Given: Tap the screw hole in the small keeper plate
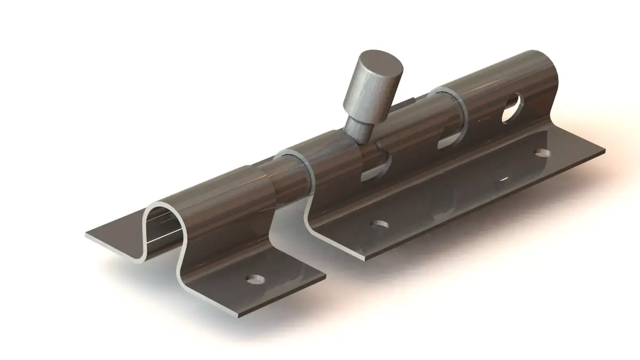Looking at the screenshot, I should coord(256,279).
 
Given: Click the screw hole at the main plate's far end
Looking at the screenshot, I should coord(543,153).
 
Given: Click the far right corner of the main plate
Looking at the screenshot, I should coord(605,151).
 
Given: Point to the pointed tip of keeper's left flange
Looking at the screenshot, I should coord(86,235).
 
